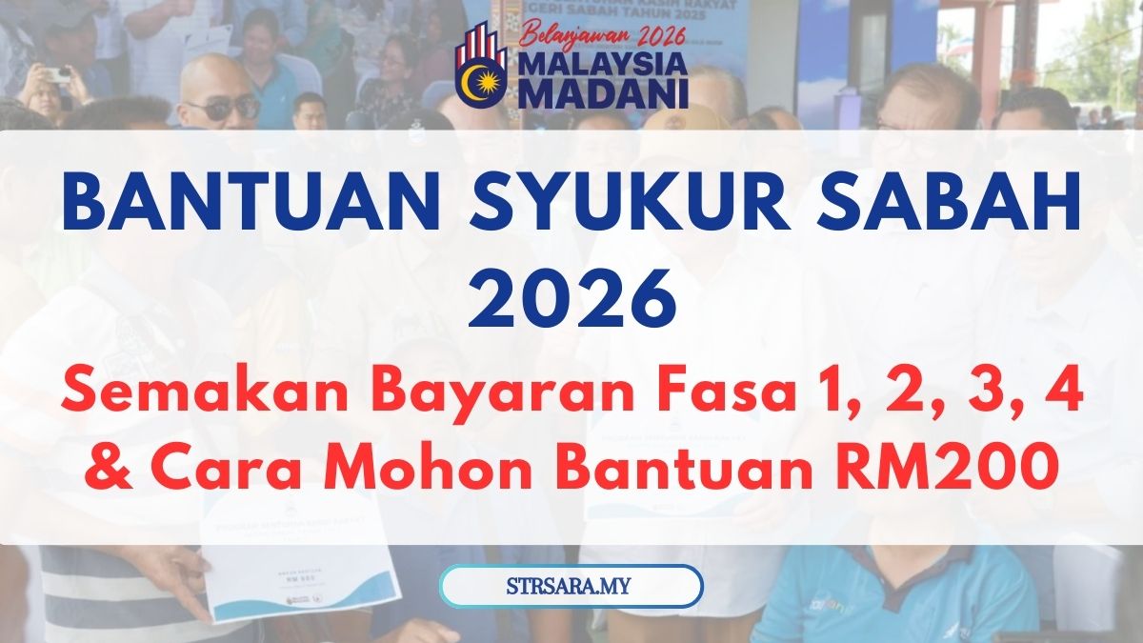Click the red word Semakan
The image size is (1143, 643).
[x=190, y=394]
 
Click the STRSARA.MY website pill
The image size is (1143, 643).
[x=571, y=586]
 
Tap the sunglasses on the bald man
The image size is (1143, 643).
[x=222, y=108]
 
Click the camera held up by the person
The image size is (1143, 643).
[x=58, y=75]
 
